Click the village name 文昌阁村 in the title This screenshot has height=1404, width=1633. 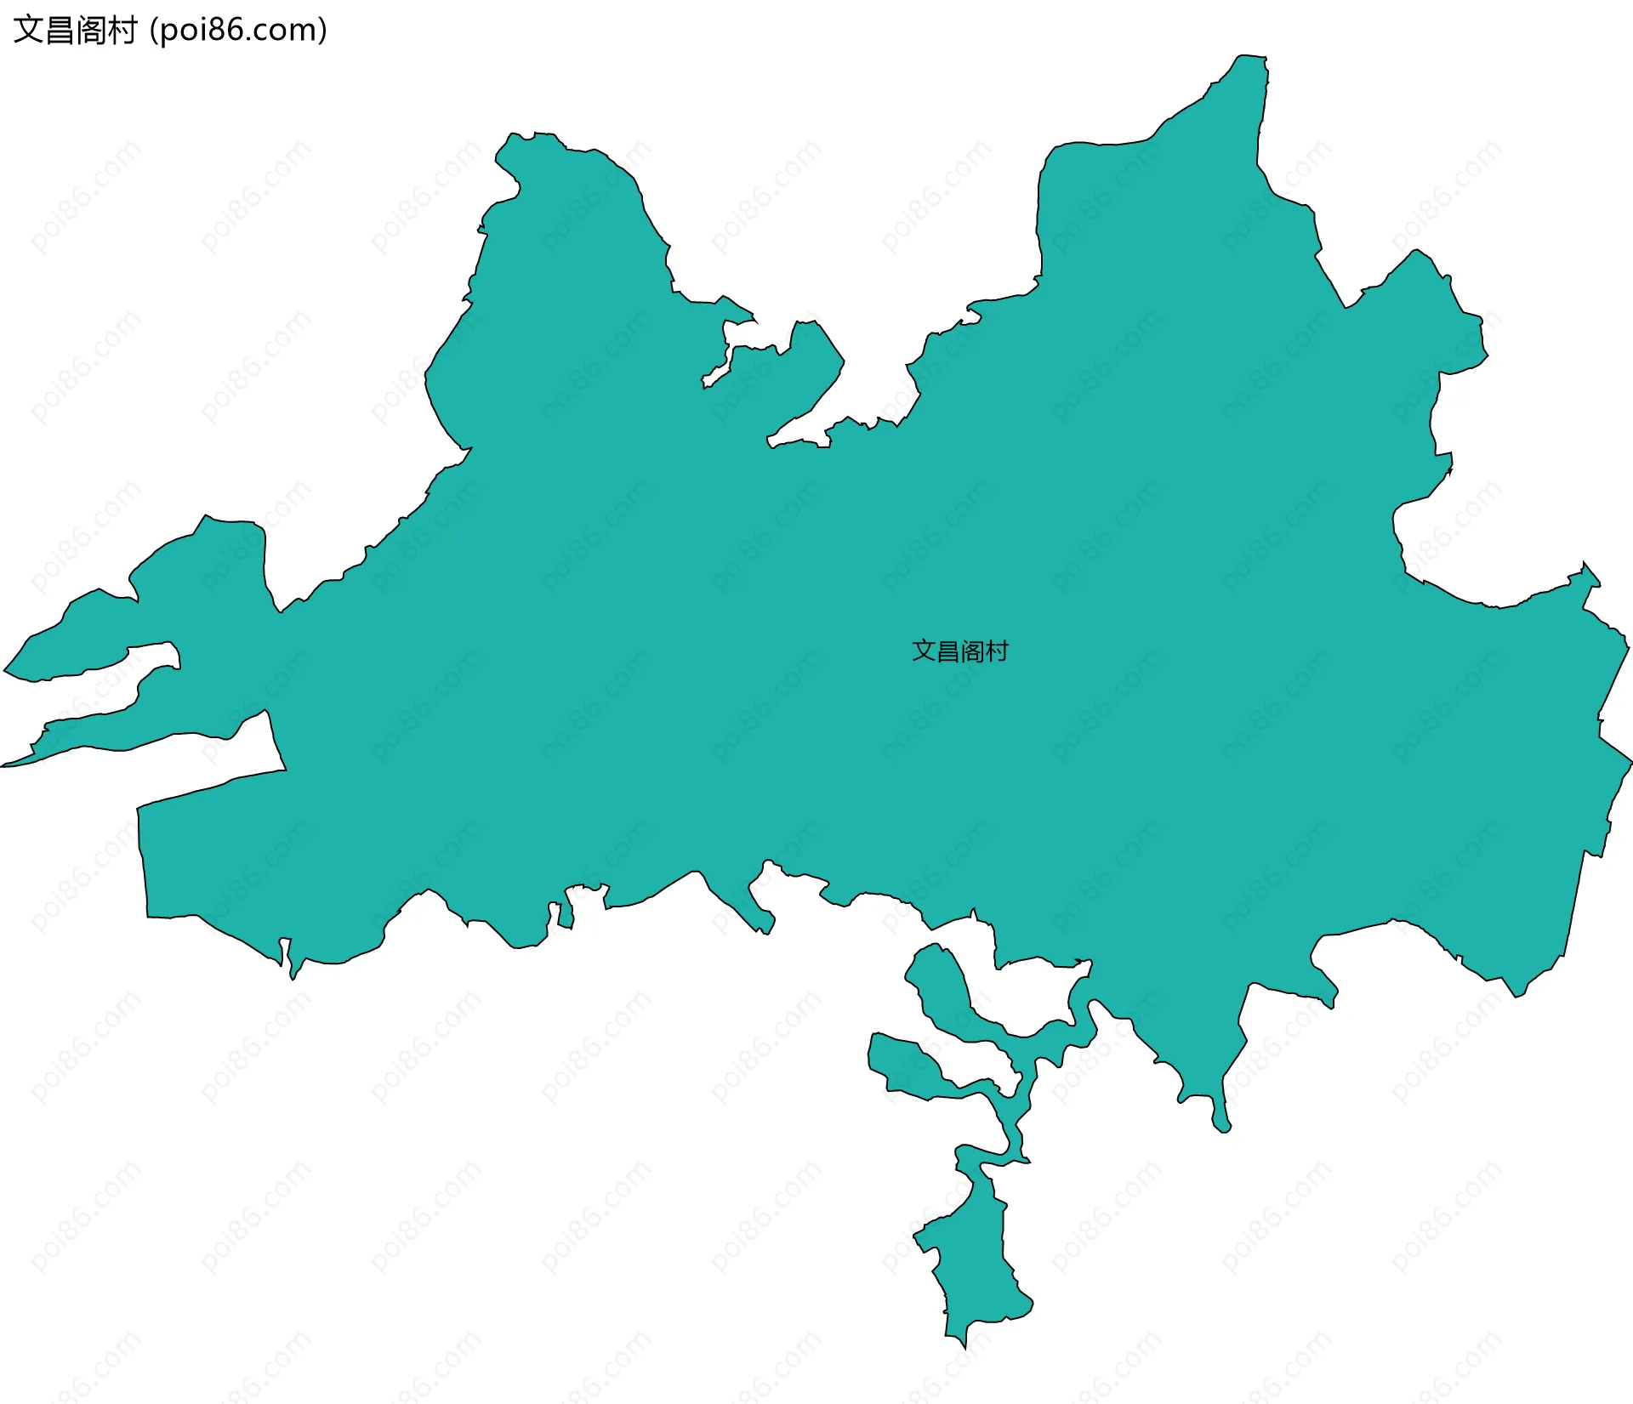pyautogui.click(x=75, y=31)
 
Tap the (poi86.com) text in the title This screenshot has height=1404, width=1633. pyautogui.click(x=238, y=31)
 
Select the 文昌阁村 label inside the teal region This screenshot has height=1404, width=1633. pyautogui.click(x=959, y=651)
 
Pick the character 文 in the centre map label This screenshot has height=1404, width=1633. pyautogui.click(x=923, y=651)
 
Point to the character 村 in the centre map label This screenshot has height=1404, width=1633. pyautogui.click(x=997, y=651)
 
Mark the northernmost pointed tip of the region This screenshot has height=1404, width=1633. pyautogui.click(x=1250, y=58)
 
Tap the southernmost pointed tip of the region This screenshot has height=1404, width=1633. pyautogui.click(x=964, y=1346)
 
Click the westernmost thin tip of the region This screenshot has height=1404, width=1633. pyautogui.click(x=5, y=765)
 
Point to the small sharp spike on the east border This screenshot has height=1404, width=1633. pyautogui.click(x=1585, y=565)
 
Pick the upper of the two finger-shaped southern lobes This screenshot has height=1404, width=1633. pyautogui.click(x=944, y=986)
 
